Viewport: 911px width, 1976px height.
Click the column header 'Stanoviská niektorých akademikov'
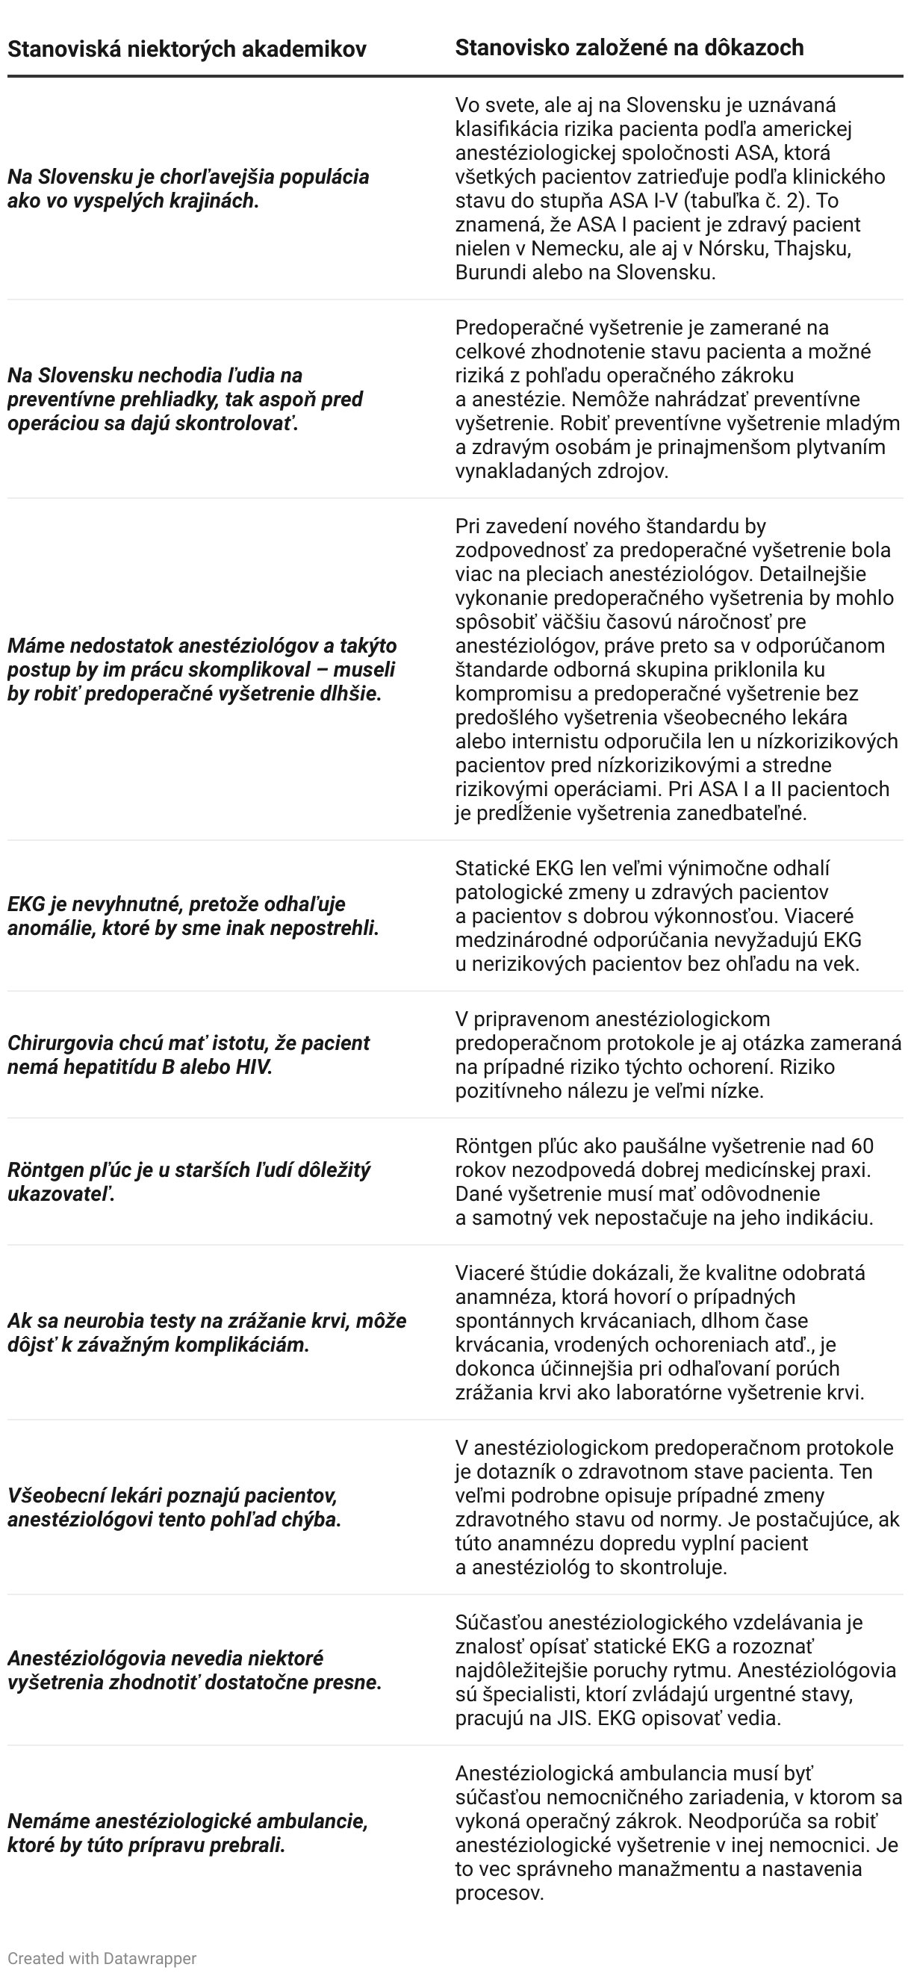(x=187, y=50)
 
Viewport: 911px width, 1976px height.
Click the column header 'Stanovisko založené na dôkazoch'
(x=629, y=48)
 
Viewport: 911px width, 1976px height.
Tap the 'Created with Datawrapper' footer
(x=102, y=1958)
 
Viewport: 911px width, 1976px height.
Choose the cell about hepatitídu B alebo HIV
(x=189, y=1054)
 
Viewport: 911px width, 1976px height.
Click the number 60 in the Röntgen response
(x=862, y=1146)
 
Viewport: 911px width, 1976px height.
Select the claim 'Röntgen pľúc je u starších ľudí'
(x=189, y=1181)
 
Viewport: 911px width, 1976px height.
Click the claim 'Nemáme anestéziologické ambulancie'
(x=188, y=1833)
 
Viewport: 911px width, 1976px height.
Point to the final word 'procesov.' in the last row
(x=500, y=1893)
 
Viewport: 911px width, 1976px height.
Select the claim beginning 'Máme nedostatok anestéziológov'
(x=202, y=669)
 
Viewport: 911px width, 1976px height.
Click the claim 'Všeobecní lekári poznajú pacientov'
(x=173, y=1507)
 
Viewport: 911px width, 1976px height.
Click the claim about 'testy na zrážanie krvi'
(x=207, y=1332)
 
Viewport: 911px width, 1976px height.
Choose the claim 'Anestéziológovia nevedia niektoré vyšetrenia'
(x=195, y=1670)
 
